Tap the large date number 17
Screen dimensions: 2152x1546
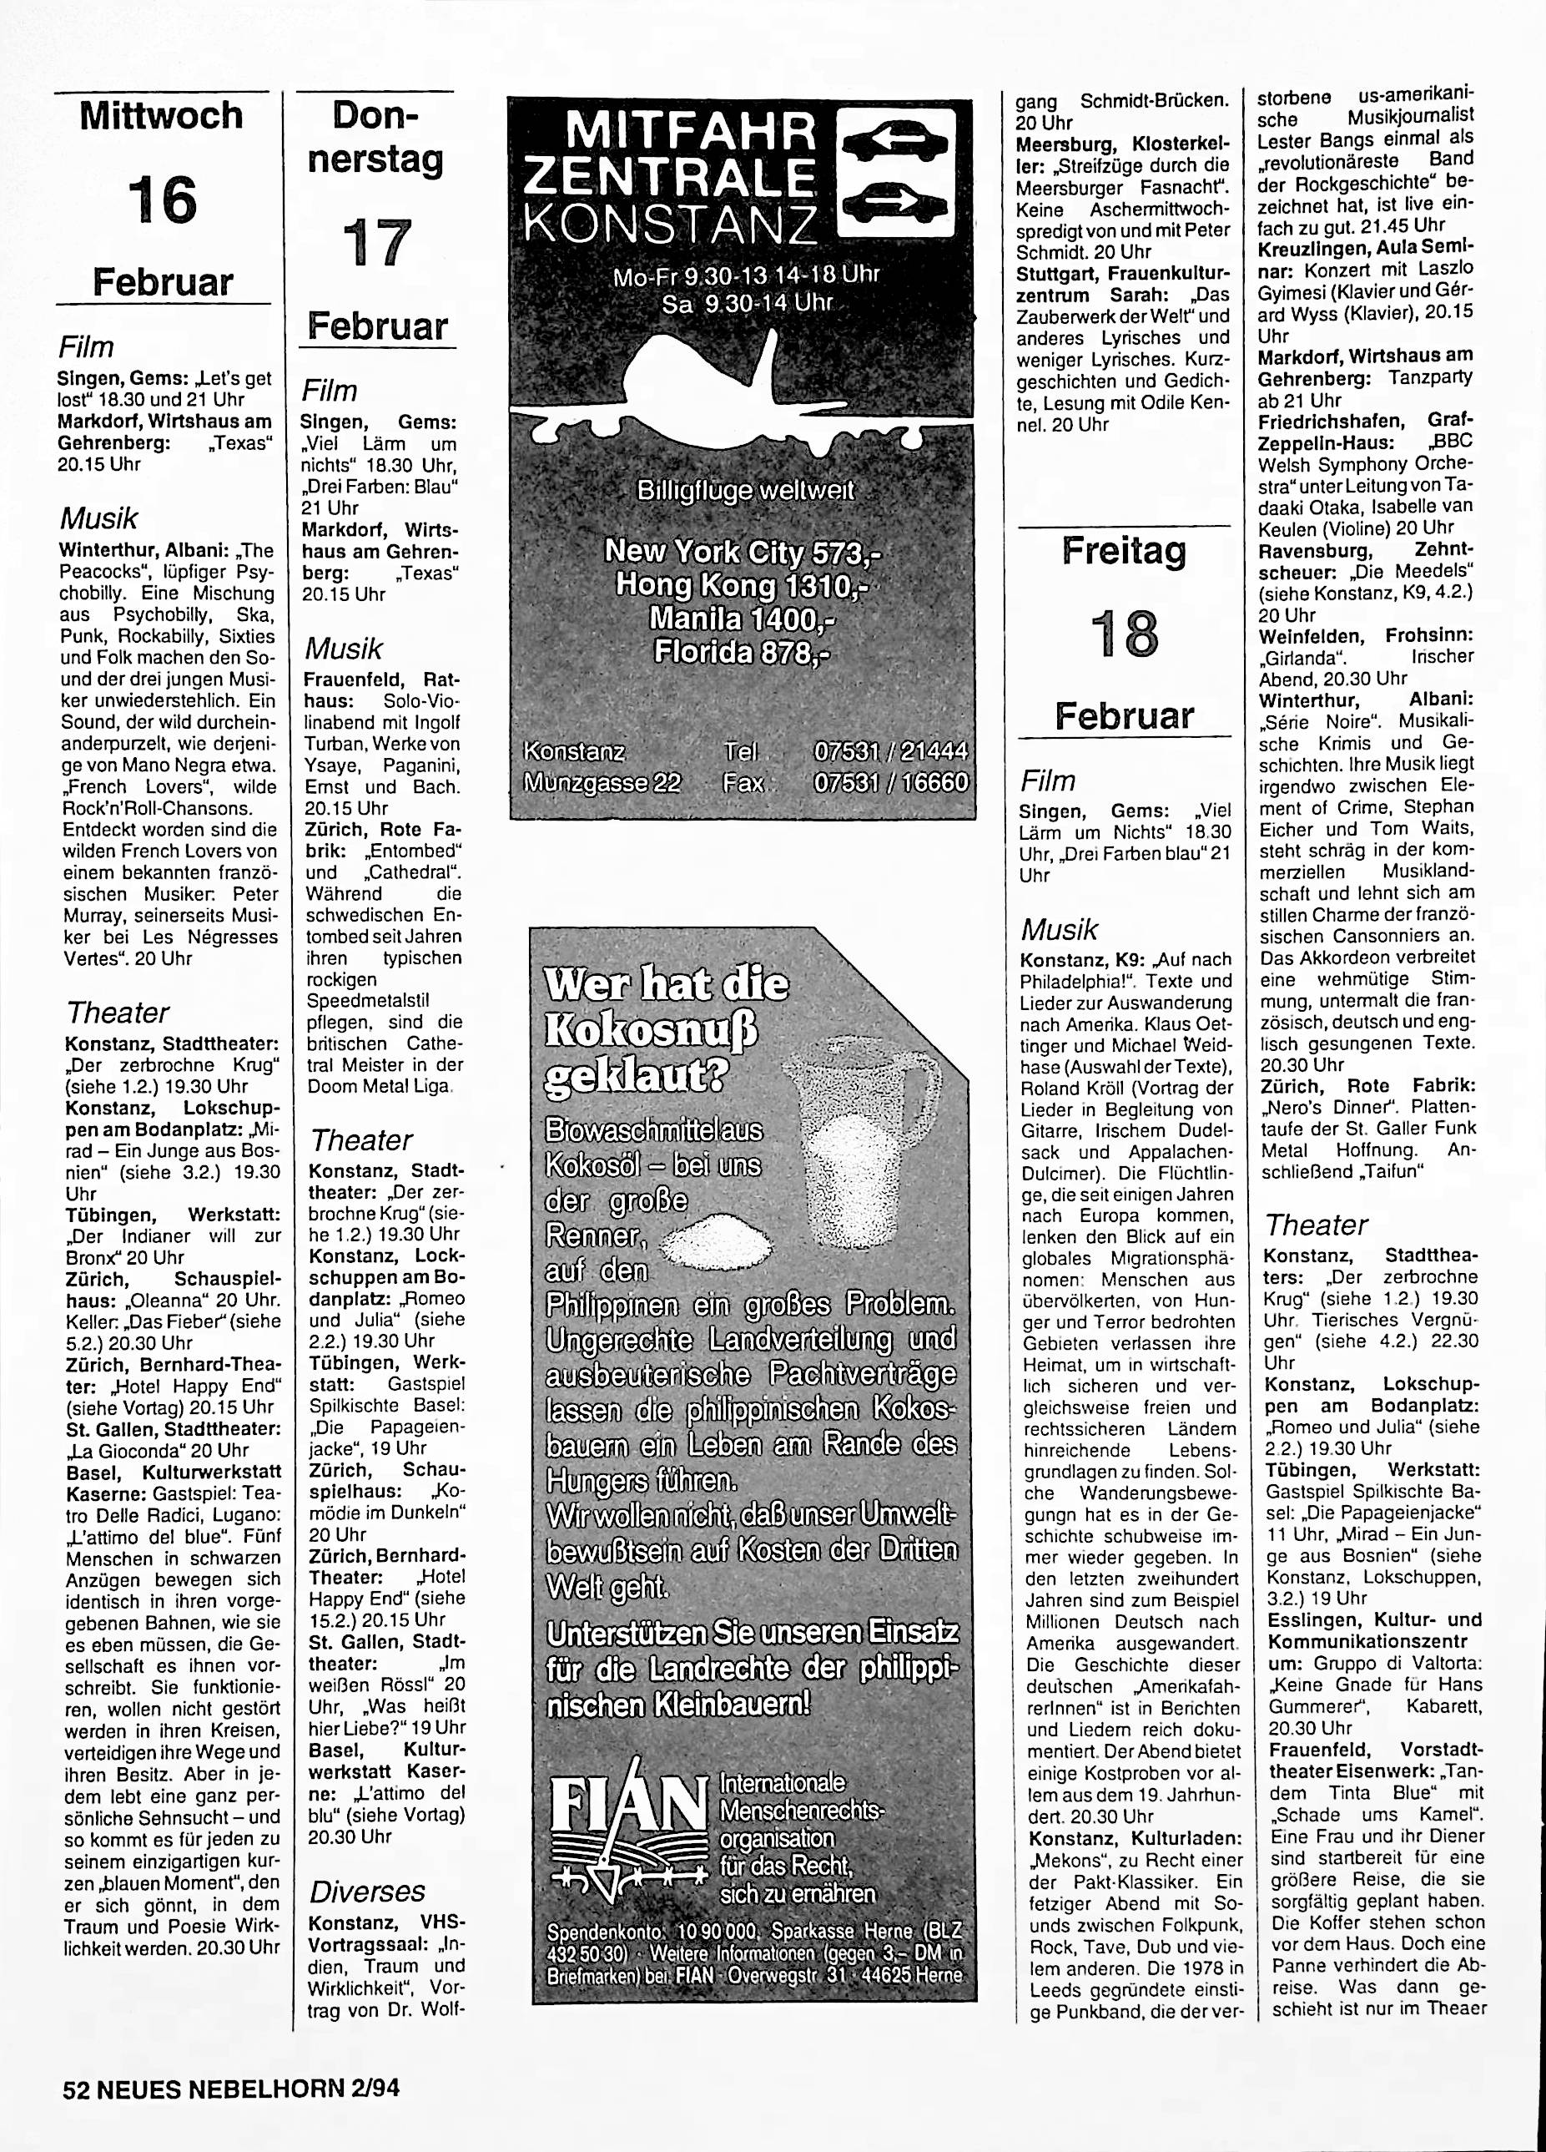pyautogui.click(x=376, y=244)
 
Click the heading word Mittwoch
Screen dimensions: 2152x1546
pyautogui.click(x=161, y=117)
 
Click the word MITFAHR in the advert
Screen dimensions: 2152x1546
pyautogui.click(x=672, y=131)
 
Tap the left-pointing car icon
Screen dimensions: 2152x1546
pyautogui.click(x=895, y=144)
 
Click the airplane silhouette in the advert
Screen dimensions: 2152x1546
pyautogui.click(x=721, y=389)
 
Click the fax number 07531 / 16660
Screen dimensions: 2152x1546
pyautogui.click(x=892, y=783)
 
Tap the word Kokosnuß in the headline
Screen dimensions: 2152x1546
pyautogui.click(x=652, y=1030)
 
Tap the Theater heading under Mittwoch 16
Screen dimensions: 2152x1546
pyautogui.click(x=118, y=1013)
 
